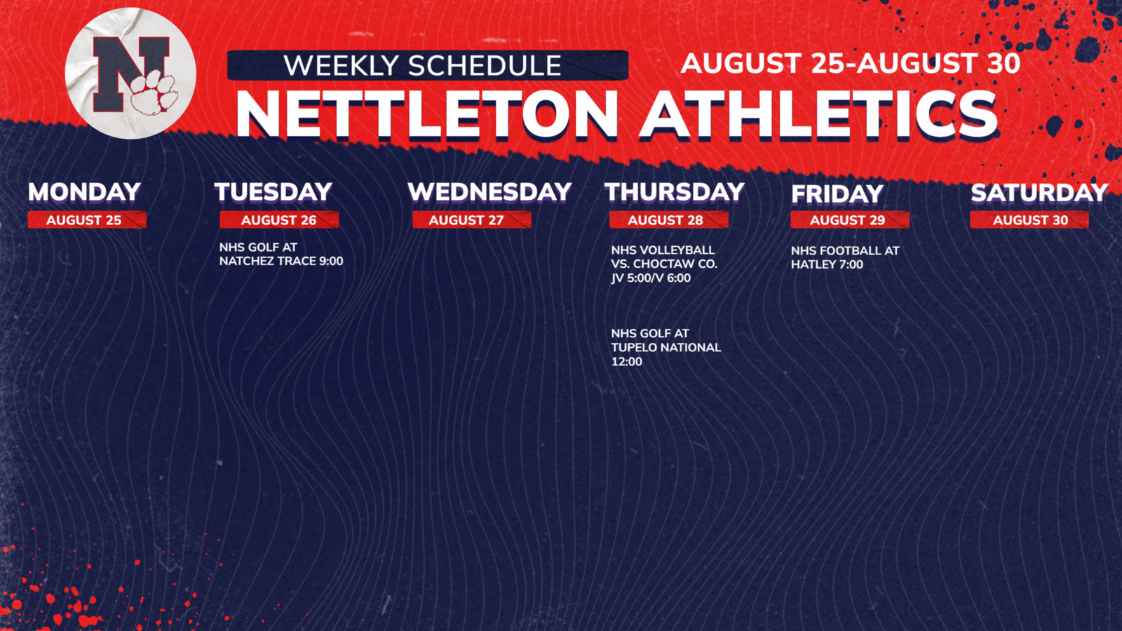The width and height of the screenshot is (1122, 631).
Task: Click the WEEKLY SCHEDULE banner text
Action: pos(422,66)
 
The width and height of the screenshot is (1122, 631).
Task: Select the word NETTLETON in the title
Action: pos(427,115)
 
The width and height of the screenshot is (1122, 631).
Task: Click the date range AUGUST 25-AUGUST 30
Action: pos(851,64)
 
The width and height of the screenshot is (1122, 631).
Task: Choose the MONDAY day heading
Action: pos(84,192)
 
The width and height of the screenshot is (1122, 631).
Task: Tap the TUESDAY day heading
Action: pos(273,192)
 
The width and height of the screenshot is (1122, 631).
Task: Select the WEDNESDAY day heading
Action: pos(489,192)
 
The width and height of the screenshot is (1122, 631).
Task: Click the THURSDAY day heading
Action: pos(675,192)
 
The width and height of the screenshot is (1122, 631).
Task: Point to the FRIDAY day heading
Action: pos(837,194)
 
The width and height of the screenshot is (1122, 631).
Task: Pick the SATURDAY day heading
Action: pos(1039,193)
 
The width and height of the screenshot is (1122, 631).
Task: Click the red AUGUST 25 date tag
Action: pos(87,220)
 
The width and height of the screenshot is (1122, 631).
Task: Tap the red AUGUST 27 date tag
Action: pos(471,220)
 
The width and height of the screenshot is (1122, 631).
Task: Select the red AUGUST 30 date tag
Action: pos(1029,220)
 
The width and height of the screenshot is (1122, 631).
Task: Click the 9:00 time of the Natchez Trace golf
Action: pos(330,262)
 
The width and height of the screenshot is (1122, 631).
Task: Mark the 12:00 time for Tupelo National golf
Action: pos(627,362)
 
